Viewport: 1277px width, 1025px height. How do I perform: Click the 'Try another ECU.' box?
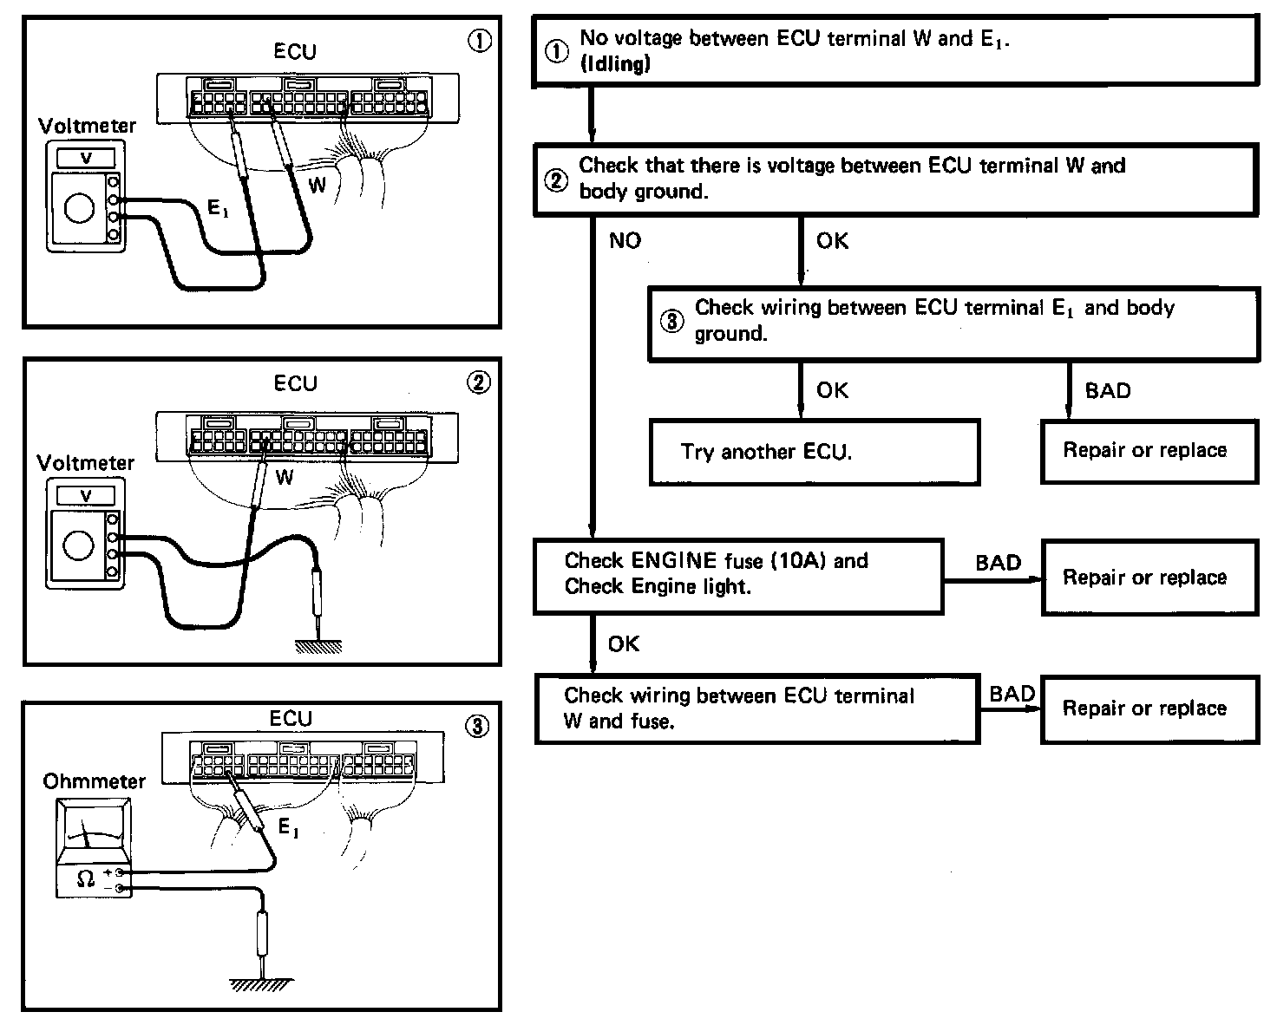814,452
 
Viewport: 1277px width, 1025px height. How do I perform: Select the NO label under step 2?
625,240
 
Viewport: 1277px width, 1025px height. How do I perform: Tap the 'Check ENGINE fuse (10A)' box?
738,576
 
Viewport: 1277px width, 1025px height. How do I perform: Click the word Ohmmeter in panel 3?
95,781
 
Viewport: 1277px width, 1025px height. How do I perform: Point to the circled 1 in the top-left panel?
480,41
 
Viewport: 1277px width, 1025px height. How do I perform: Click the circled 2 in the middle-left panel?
479,382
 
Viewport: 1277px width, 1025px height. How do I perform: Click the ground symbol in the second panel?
318,646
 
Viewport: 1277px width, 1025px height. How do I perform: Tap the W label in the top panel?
318,184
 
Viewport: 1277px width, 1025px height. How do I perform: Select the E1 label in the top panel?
217,207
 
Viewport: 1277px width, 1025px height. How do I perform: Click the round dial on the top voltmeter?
80,208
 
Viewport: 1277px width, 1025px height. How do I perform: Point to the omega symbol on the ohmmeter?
86,878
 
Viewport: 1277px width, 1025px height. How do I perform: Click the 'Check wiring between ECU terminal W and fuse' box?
757,708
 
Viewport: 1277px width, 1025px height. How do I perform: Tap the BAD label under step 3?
1108,391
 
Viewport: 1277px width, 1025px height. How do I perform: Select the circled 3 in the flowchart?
672,321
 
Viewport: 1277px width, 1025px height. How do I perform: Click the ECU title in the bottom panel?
291,719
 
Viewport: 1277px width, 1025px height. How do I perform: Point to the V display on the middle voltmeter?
86,496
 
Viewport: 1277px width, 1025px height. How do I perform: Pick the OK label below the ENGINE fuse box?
624,643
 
